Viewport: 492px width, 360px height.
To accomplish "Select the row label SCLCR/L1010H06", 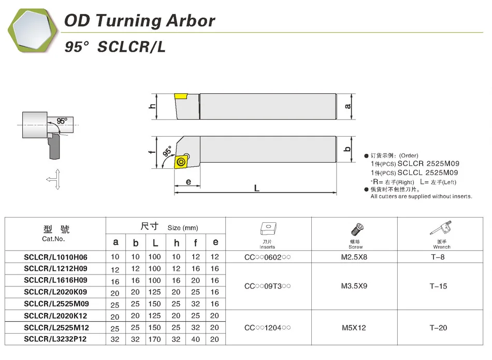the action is [55, 257].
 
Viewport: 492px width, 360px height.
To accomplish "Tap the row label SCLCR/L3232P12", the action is [55, 339].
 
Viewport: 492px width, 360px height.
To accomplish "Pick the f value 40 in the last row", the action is [195, 339].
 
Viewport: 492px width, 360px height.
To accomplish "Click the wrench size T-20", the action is [438, 327].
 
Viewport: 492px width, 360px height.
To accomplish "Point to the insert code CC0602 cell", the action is [267, 257].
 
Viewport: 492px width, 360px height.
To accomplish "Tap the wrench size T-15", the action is [438, 286].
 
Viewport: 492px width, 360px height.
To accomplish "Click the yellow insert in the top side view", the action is [181, 96].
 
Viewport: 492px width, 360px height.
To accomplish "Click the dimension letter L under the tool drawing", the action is [257, 188].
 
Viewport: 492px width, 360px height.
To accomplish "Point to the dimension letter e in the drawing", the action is [189, 182].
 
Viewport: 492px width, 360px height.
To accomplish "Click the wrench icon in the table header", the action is [442, 229].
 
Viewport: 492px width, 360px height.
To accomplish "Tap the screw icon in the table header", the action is [355, 229].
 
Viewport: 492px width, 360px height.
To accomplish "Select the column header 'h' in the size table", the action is [177, 242].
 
